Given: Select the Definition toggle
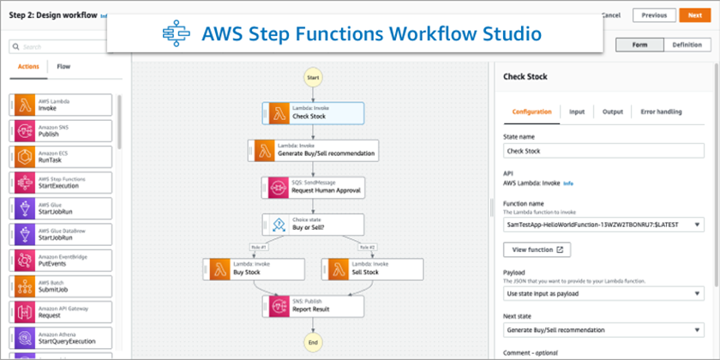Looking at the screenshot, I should pos(686,45).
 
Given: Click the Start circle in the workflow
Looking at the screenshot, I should pos(313,77).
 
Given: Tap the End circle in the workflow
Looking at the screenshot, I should pos(313,342).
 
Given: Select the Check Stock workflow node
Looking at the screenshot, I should pos(313,112).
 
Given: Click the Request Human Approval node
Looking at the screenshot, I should pos(313,187).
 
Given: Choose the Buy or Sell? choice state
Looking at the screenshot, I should pos(313,225).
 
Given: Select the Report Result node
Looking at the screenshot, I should pos(313,306).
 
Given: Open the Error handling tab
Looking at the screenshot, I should pos(657,111).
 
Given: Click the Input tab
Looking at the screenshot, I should pos(577,111).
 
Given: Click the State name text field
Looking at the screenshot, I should pos(603,151).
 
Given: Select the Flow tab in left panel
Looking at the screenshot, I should pos(64,66).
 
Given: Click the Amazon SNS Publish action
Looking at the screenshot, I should pos(63,130).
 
